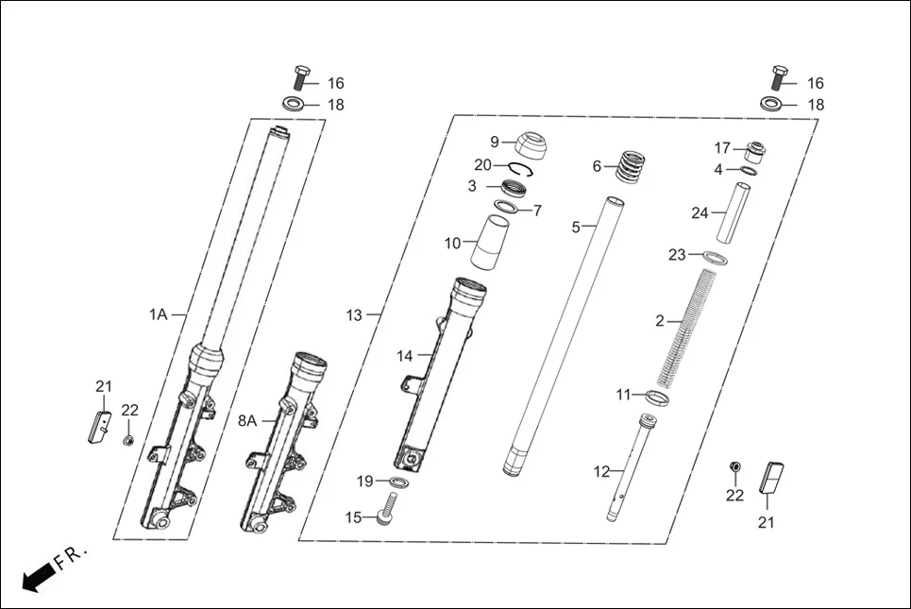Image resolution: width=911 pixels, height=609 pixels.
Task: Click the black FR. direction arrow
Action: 37,576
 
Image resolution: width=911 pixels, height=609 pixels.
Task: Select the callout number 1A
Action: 157,314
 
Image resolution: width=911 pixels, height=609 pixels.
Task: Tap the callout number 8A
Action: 246,420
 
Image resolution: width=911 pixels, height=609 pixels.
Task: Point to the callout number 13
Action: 354,315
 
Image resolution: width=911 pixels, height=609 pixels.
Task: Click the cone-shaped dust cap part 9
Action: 534,146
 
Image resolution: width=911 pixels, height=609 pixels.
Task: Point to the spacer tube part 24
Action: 734,212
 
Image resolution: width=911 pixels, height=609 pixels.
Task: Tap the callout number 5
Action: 577,227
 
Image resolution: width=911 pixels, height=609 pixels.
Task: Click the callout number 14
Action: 405,356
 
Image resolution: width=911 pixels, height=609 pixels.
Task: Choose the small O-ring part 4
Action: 748,171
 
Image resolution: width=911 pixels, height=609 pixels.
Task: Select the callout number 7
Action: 537,210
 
